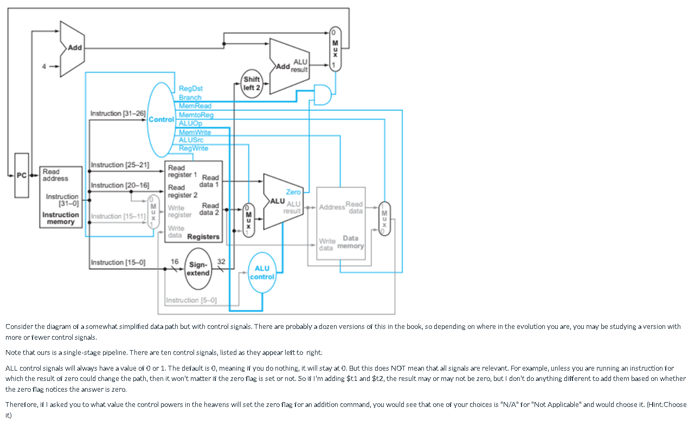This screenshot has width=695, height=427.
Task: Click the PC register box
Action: pos(22,175)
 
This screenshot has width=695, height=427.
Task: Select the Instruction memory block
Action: pos(61,197)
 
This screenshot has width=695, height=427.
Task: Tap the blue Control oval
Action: pos(162,119)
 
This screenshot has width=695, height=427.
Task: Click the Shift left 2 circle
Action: pos(252,83)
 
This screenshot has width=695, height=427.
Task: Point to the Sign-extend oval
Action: pos(198,269)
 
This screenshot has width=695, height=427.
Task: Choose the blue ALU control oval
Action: pos(262,273)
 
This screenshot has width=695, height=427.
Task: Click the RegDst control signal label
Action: pos(190,88)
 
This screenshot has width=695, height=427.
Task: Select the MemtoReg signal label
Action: pos(196,115)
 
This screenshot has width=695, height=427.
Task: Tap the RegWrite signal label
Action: pos(193,148)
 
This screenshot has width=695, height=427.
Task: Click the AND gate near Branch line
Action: pos(323,94)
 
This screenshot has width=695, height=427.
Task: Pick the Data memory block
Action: pos(341,223)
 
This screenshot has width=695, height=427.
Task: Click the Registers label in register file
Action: pos(203,237)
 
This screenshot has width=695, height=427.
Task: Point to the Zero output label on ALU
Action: pos(293,192)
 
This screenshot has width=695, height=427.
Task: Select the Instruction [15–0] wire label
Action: pos(118,262)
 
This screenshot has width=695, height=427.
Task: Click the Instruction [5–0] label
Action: pos(191,300)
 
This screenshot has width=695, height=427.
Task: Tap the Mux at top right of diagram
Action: pos(335,49)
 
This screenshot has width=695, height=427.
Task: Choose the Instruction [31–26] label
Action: pos(118,113)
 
